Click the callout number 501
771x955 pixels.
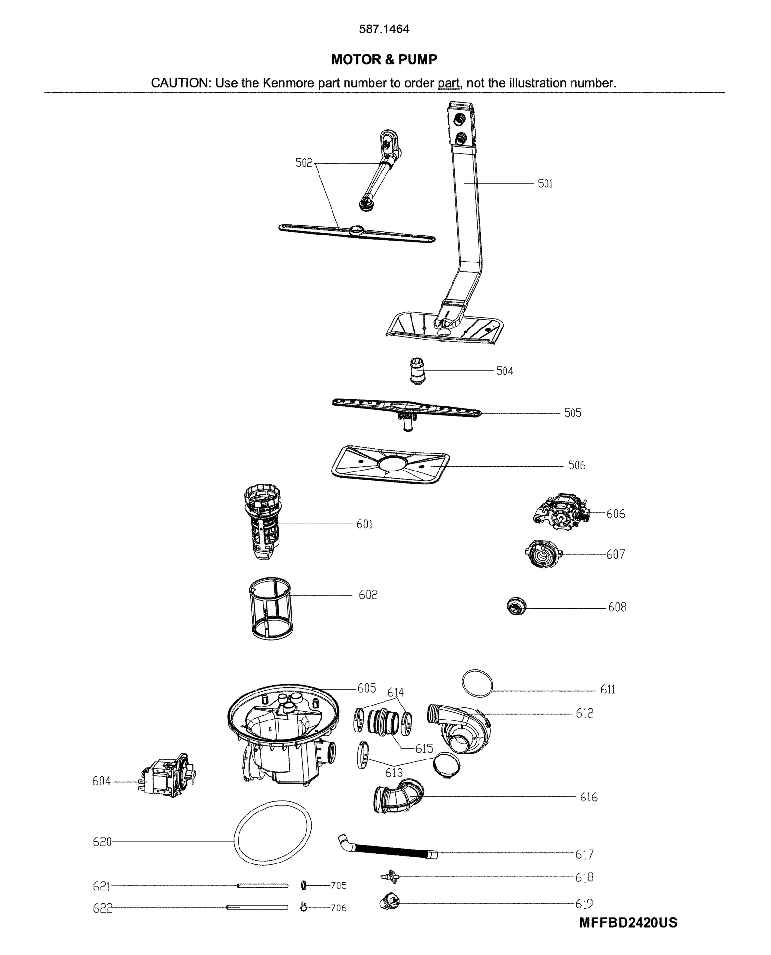click(545, 183)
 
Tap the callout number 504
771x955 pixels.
click(505, 371)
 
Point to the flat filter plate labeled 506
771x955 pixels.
click(390, 465)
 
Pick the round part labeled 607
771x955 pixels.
click(542, 554)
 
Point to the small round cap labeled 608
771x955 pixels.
click(516, 606)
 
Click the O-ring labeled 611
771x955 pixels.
click(477, 682)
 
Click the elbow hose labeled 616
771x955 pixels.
click(399, 797)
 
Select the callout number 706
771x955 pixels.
click(338, 908)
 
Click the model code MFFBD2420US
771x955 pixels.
click(627, 922)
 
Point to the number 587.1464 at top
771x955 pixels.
click(384, 29)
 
